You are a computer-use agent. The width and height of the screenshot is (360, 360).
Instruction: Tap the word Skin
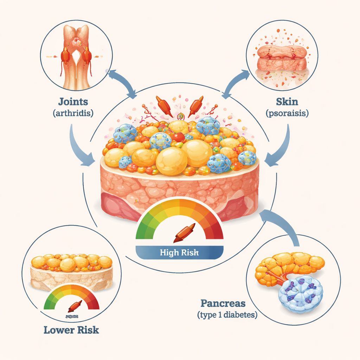(287, 102)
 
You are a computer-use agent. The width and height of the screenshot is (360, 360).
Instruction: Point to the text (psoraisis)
(287, 113)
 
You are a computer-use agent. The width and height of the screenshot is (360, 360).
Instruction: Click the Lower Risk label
(71, 330)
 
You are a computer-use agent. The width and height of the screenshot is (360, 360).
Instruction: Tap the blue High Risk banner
(179, 252)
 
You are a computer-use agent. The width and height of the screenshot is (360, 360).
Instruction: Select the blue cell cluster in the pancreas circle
(301, 294)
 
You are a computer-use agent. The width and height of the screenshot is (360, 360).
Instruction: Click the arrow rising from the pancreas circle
(281, 225)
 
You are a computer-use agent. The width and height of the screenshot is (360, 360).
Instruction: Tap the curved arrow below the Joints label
(79, 148)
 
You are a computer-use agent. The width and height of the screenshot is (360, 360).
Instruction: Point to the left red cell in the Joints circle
(65, 56)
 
